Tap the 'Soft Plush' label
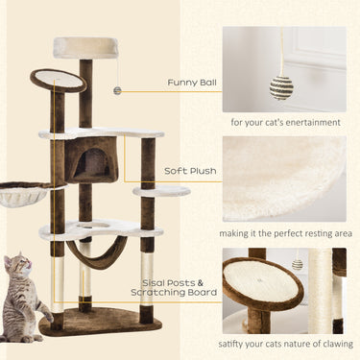click(x=190, y=173)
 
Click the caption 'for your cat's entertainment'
click(x=284, y=123)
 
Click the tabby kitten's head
click(x=18, y=268)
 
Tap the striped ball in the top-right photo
click(x=280, y=87)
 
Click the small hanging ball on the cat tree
click(x=117, y=90)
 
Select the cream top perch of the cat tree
click(x=85, y=46)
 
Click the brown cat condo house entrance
click(x=93, y=163)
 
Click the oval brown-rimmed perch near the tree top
click(x=58, y=80)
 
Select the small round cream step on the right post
click(x=161, y=191)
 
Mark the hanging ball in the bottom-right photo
click(x=298, y=264)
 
